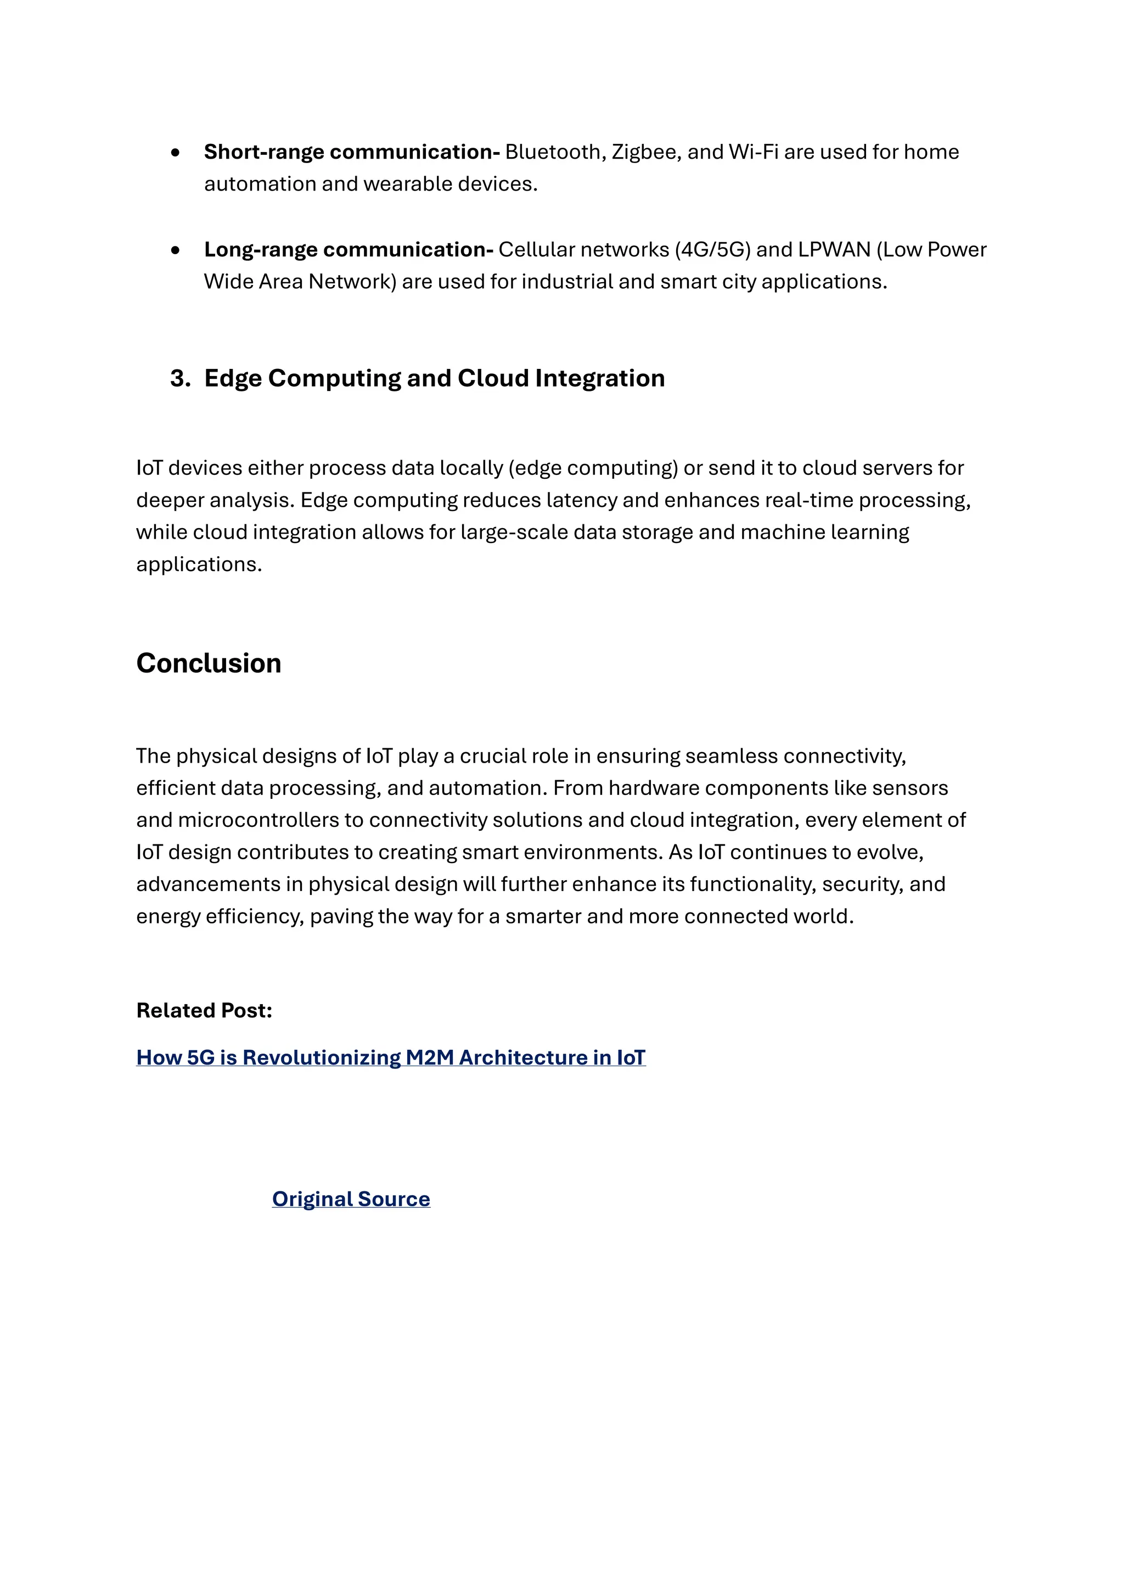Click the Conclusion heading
click(x=209, y=663)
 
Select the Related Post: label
click(x=204, y=1010)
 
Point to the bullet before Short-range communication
click(x=175, y=152)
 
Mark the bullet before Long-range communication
click(x=175, y=250)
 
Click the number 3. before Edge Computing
click(x=180, y=378)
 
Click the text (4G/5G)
click(x=712, y=249)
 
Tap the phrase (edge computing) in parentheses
click(x=593, y=468)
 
